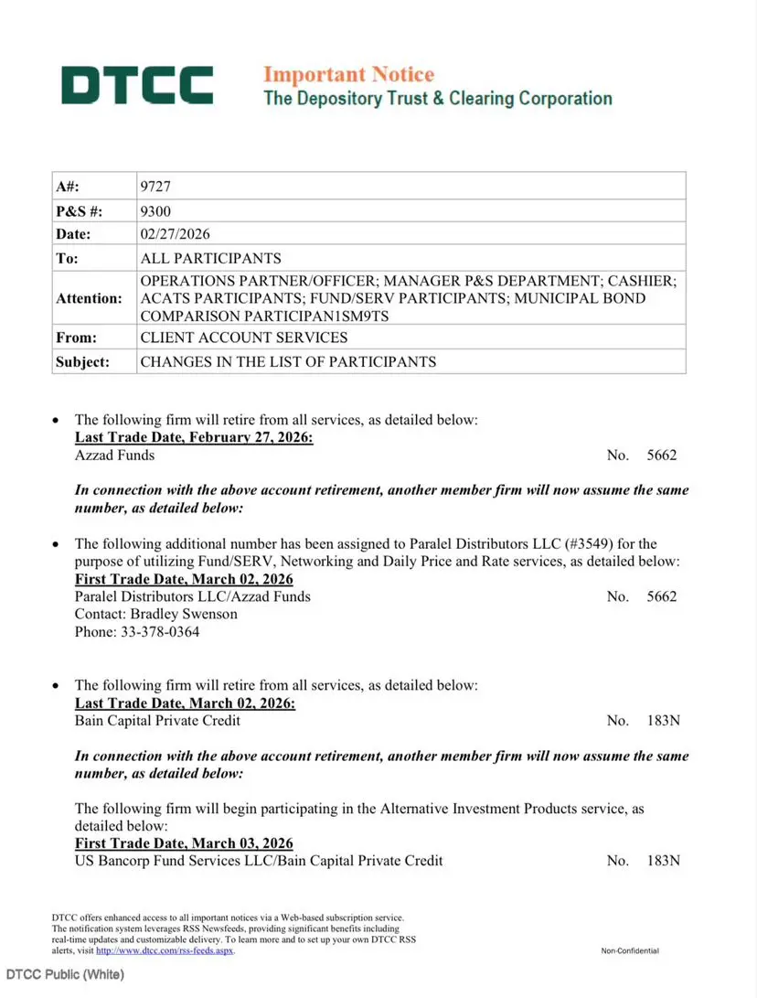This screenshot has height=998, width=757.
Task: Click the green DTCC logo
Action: pos(137,85)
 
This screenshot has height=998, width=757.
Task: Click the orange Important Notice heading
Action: pos(348,74)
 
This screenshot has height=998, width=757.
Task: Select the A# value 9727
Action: pos(155,187)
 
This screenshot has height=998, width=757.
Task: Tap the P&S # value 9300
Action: pos(155,210)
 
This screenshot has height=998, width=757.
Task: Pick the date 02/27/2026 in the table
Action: pos(176,234)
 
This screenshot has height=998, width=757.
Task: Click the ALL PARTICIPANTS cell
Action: pos(210,258)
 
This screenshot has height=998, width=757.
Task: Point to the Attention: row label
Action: pos(89,298)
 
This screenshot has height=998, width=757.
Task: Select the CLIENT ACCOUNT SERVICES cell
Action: pos(243,338)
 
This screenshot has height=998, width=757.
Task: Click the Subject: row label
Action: pos(83,361)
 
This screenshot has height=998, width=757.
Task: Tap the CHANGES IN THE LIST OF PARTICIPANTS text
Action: pos(288,361)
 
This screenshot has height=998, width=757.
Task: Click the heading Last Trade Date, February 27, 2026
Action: pos(194,437)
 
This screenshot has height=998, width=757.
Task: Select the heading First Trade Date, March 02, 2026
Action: pos(184,579)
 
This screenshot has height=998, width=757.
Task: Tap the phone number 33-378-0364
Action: pos(159,631)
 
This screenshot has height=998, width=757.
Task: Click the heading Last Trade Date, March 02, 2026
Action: pos(185,703)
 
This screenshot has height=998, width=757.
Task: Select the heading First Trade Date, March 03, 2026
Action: pos(184,843)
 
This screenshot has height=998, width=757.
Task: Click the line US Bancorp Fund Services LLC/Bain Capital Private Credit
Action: pos(259,861)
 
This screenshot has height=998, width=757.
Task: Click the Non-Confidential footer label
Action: pos(630,951)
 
